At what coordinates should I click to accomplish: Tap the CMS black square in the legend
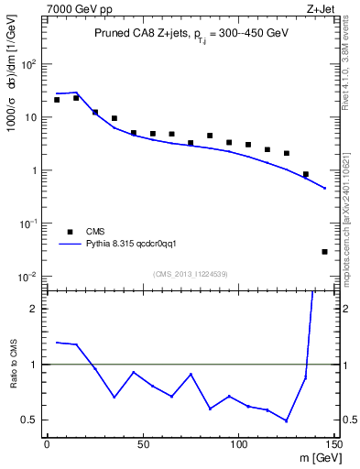point(70,232)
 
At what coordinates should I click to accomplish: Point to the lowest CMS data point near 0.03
point(325,251)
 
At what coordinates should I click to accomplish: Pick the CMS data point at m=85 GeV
point(210,136)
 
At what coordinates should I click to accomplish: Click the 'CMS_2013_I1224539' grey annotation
point(190,273)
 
